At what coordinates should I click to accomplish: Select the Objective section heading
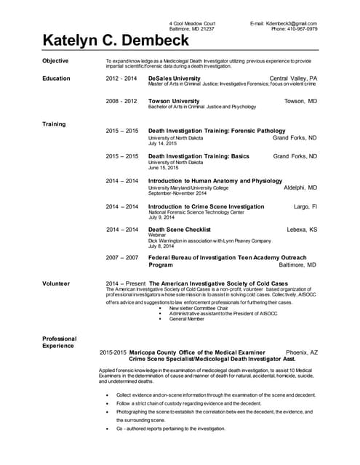[56, 61]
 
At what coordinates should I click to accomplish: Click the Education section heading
[57, 78]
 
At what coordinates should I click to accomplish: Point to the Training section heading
[55, 124]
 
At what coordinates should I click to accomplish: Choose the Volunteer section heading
[57, 282]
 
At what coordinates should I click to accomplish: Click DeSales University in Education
[174, 78]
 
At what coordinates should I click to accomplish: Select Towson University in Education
[173, 101]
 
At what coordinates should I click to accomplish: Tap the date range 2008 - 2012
[121, 101]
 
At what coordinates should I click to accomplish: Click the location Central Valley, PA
[293, 78]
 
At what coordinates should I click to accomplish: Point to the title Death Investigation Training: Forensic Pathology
[218, 131]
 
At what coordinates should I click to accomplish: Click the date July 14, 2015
[163, 144]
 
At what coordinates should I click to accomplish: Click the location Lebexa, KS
[302, 230]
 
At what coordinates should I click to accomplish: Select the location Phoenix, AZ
[302, 352]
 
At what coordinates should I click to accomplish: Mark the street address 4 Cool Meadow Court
[192, 23]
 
